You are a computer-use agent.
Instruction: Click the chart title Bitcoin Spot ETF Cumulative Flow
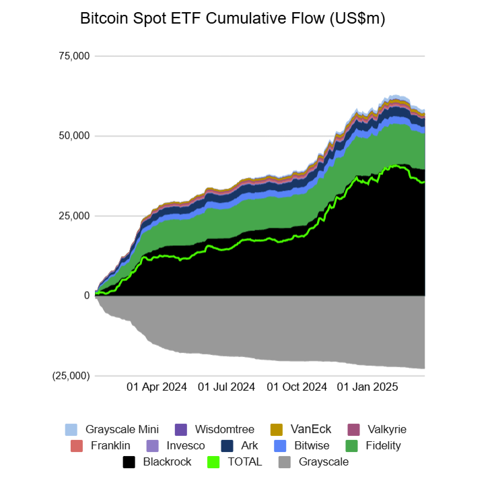[x=232, y=19]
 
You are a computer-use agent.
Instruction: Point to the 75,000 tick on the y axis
[x=75, y=56]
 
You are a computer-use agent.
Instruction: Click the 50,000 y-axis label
[x=75, y=136]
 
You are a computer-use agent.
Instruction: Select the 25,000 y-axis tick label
[x=75, y=216]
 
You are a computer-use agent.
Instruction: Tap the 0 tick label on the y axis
[x=86, y=295]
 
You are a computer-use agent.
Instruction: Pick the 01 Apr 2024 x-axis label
[x=157, y=387]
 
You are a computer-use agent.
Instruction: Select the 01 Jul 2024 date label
[x=227, y=387]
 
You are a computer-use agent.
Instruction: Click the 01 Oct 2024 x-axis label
[x=297, y=387]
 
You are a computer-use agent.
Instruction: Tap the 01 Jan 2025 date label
[x=367, y=387]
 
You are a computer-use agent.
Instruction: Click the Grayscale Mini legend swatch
[x=71, y=430]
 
